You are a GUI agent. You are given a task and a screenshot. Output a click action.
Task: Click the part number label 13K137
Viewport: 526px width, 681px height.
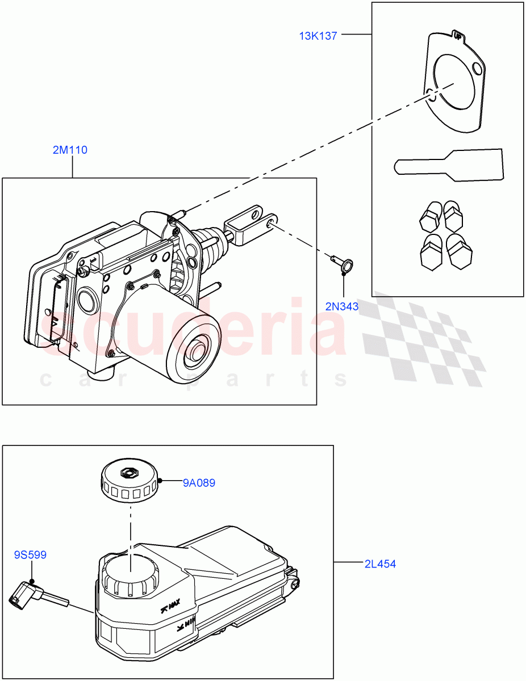point(318,36)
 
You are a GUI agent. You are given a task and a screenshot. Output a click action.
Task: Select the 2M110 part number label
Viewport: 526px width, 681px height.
point(70,150)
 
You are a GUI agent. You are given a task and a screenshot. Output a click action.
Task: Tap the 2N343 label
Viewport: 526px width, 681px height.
point(342,306)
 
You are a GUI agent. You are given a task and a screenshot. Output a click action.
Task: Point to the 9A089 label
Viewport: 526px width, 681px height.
point(199,484)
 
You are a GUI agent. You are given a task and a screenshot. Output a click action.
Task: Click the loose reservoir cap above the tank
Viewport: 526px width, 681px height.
point(130,481)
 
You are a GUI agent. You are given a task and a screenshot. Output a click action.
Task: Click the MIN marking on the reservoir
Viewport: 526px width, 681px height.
point(186,626)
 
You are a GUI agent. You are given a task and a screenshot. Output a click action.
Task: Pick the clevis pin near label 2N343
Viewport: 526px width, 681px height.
point(341,262)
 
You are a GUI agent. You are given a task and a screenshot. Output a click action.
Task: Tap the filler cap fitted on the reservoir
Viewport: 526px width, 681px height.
point(129,576)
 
